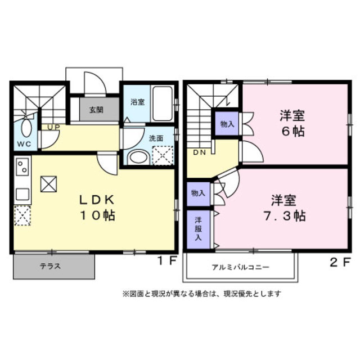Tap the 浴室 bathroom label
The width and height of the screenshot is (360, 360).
(137, 102)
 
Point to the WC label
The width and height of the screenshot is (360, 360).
(23, 145)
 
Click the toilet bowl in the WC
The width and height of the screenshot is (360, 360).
(26, 128)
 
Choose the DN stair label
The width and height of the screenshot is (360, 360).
(200, 152)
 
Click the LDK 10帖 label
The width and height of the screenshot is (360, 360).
(96, 207)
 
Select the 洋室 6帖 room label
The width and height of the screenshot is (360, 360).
(292, 124)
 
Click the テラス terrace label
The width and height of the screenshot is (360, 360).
(50, 267)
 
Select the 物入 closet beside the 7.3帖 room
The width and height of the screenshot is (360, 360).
(199, 193)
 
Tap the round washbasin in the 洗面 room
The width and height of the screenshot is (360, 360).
(137, 157)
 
